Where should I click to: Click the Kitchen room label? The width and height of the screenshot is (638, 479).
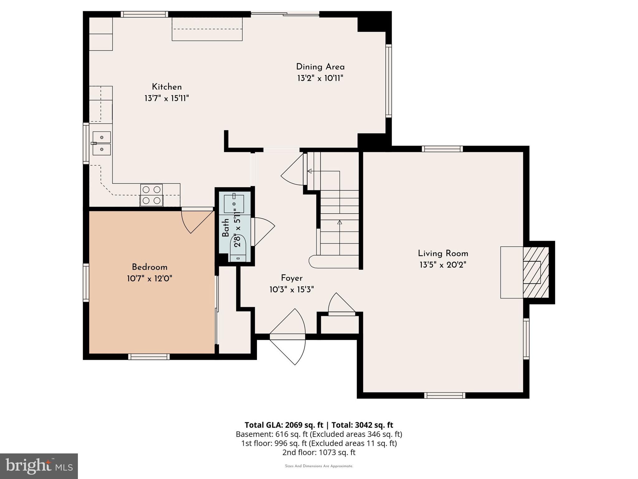click(167, 87)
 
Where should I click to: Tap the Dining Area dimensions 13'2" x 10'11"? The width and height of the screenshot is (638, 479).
click(320, 78)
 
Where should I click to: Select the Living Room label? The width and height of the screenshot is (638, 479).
click(443, 254)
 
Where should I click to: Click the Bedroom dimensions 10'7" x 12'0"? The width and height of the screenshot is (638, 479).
click(150, 278)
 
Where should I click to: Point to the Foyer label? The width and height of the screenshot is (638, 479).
click(292, 278)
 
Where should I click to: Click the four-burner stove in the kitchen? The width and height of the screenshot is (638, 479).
click(151, 195)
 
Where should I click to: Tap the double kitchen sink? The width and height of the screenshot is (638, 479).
click(102, 143)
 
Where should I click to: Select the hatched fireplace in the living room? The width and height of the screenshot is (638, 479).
click(536, 272)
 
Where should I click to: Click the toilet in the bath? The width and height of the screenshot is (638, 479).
click(238, 248)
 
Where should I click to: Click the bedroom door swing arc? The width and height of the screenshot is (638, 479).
click(196, 221)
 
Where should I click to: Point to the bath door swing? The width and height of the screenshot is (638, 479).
click(263, 231)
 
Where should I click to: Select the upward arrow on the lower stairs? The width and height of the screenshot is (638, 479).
click(340, 222)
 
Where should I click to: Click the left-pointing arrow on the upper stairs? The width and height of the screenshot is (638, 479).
click(310, 171)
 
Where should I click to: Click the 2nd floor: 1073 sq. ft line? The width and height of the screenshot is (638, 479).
click(319, 452)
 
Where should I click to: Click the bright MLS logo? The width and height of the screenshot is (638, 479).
click(39, 466)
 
